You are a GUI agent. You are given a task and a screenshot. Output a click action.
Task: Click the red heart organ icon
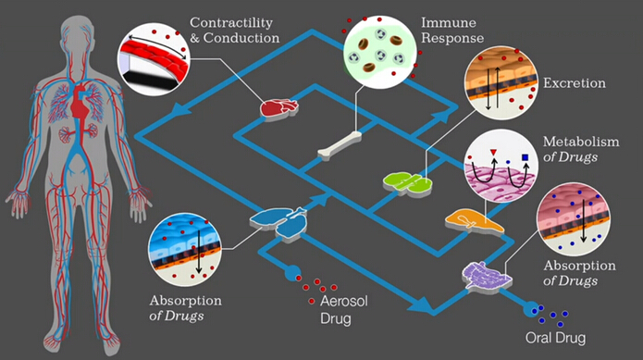click(278, 108)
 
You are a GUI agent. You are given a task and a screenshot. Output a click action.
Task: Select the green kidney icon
click(407, 182)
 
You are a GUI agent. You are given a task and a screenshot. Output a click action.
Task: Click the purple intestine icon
click(487, 277)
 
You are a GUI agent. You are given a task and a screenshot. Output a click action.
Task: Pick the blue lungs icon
click(278, 222)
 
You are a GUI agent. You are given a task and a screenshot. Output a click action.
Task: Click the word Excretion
click(575, 82)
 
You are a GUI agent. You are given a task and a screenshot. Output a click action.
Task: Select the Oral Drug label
click(556, 338)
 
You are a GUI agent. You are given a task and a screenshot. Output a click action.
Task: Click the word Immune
click(449, 22)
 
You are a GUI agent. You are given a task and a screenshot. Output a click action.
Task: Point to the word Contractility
click(231, 23)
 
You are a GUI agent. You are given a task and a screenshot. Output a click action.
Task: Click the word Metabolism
click(581, 142)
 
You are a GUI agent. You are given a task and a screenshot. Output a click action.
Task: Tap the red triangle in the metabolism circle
click(493, 153)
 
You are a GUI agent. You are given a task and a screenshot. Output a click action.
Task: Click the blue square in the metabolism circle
click(526, 157)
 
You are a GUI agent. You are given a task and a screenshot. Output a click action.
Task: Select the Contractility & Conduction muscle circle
click(155, 59)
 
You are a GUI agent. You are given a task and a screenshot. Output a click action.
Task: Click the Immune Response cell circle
click(379, 53)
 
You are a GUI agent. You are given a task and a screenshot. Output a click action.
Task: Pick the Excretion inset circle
click(501, 82)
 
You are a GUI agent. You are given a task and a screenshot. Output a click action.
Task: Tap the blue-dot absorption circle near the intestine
click(574, 219)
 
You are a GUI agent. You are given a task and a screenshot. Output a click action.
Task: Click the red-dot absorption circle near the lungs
click(185, 249)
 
